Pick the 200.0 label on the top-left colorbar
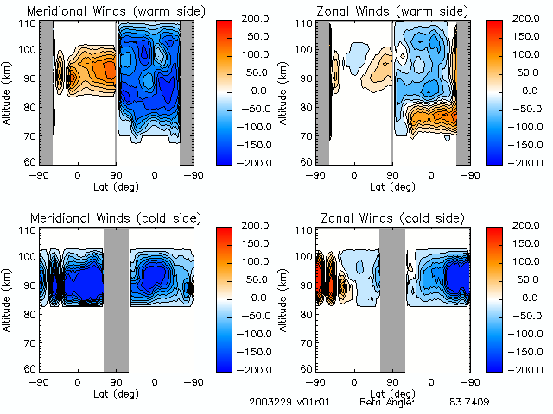(x=253, y=18)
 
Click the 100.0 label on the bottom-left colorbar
(x=253, y=261)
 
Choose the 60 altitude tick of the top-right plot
(x=303, y=161)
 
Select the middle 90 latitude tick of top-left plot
(x=117, y=174)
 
